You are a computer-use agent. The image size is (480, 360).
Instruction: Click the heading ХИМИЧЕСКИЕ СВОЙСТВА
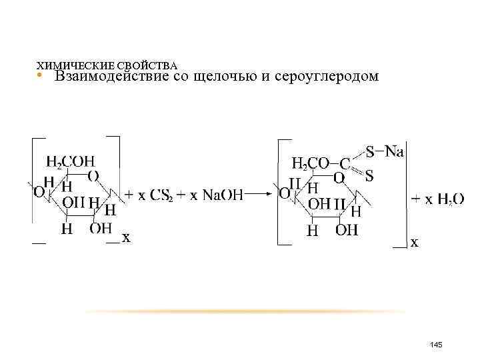[x=106, y=67]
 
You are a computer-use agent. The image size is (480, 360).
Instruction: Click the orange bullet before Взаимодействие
[x=40, y=77]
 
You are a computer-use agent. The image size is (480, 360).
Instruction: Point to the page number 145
[x=437, y=344]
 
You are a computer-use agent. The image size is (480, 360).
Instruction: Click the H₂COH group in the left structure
[x=71, y=162]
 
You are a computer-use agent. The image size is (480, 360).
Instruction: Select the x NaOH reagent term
[x=216, y=195]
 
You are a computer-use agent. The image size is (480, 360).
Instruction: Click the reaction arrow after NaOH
[x=258, y=195]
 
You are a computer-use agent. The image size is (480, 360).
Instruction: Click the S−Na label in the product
[x=384, y=151]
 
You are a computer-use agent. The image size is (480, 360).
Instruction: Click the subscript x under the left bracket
[x=125, y=237]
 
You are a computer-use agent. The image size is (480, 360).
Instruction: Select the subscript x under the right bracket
[x=415, y=243]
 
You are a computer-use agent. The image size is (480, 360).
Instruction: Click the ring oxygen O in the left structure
[x=94, y=176]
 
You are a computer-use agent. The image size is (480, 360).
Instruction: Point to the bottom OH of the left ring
[x=101, y=229]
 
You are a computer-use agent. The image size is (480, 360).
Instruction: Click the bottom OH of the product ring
[x=347, y=231]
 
